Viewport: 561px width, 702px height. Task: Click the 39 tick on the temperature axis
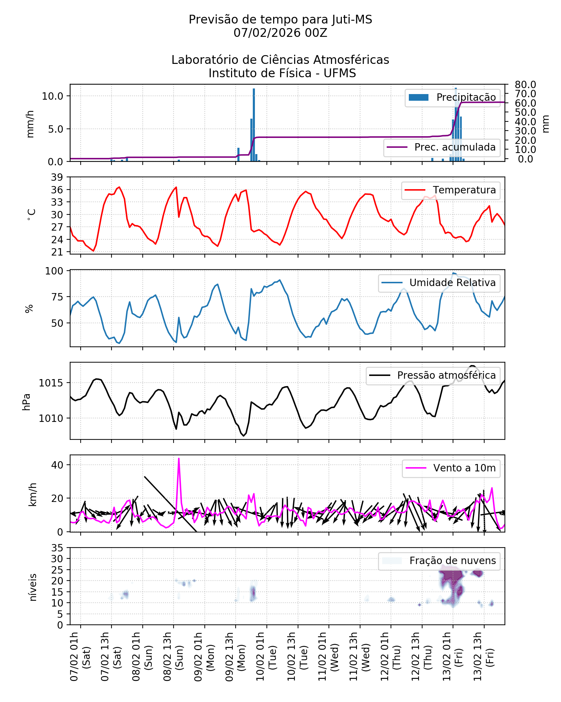coord(57,177)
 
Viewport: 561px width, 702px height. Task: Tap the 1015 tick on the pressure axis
coord(51,383)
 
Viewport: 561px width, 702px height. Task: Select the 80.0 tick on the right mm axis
coord(525,85)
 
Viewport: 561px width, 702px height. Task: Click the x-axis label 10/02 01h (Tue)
coord(266,656)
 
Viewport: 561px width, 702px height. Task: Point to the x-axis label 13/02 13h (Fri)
coord(484,656)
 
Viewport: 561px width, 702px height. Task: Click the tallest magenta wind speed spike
coord(179,458)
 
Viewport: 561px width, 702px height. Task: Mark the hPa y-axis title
coord(27,402)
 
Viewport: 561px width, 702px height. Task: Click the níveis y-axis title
coord(33,587)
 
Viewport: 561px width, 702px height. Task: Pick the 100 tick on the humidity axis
coord(54,271)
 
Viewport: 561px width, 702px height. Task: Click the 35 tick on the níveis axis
coord(57,548)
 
